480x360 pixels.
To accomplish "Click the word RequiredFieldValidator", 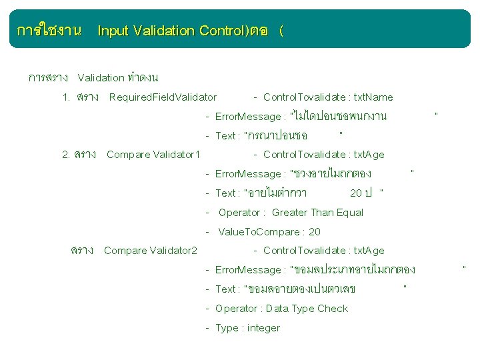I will (163, 97).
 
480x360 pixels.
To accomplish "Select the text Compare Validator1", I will (153, 155).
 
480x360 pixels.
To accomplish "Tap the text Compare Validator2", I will (151, 251).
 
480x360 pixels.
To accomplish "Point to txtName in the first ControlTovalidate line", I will (373, 97).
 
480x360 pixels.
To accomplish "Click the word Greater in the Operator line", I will (289, 213).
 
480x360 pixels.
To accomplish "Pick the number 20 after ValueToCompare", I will (315, 232).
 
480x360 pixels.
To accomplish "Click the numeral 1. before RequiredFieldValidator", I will (66, 97).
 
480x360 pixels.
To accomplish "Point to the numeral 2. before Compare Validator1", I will (66, 155).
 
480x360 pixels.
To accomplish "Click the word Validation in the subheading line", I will (105, 78).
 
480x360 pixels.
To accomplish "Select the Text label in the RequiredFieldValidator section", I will (225, 136).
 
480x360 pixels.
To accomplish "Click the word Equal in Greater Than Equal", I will (350, 213).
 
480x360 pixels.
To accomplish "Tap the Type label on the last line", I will (227, 328).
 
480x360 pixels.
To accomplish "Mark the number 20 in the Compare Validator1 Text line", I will (356, 193).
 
